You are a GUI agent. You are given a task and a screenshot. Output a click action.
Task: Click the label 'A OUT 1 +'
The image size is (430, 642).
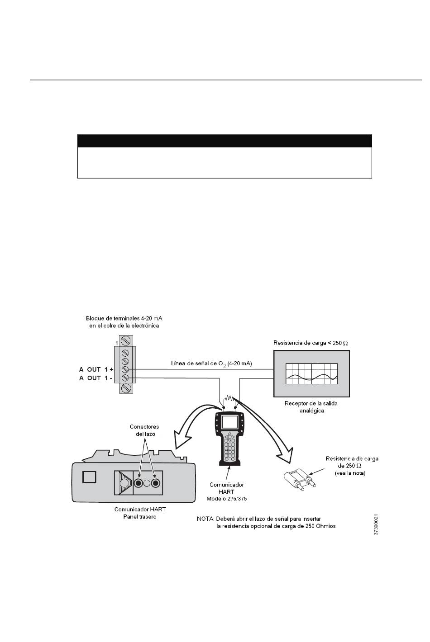point(96,369)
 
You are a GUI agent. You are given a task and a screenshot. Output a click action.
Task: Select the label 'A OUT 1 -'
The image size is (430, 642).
point(96,378)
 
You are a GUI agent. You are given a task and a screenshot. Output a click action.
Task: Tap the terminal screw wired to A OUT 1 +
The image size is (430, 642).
point(125,369)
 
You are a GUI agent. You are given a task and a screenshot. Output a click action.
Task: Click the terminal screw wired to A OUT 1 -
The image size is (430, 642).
point(125,378)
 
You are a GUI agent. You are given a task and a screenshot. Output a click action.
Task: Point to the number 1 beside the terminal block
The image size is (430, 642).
point(117,343)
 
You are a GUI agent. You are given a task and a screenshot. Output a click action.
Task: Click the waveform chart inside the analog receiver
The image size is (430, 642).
point(311,374)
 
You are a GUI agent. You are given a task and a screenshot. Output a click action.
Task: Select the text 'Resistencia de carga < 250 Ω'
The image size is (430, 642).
point(311,343)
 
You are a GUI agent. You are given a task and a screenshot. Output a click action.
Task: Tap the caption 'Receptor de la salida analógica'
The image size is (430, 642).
point(311,407)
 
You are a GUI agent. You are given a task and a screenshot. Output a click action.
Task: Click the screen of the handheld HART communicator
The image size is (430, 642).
point(229,422)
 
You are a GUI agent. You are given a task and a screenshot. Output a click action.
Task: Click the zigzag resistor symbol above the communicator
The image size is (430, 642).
point(229,398)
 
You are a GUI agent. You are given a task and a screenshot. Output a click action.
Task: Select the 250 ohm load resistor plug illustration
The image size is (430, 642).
point(300,478)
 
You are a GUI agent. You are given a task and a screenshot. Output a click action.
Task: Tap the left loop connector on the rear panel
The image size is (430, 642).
point(139,483)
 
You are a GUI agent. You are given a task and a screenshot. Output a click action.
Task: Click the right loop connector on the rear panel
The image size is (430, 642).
point(156,483)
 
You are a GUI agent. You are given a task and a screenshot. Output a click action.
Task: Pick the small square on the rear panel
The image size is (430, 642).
point(89,477)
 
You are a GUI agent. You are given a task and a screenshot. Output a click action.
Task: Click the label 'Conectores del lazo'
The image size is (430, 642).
point(144,430)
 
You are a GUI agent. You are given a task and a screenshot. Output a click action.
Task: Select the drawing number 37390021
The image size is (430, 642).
point(376,524)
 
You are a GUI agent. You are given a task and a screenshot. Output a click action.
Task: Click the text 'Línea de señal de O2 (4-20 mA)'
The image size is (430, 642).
point(211,364)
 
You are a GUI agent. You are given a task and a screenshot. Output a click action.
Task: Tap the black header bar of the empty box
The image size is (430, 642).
point(225,141)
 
